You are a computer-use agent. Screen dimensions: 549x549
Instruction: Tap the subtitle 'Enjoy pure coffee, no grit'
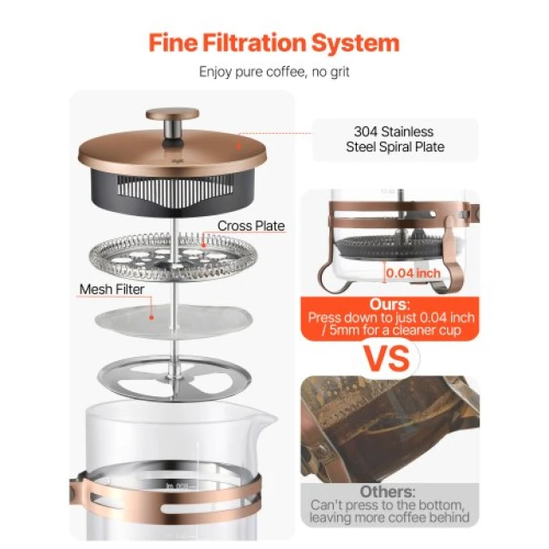(274, 72)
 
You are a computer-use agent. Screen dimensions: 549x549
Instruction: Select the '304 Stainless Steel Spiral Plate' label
(395, 139)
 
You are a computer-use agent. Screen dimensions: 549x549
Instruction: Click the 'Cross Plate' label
(251, 226)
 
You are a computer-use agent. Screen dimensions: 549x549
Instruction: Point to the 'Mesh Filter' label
(112, 290)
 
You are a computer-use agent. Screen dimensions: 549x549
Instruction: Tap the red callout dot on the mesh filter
(152, 317)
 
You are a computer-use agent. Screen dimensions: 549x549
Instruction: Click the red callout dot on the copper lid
(239, 146)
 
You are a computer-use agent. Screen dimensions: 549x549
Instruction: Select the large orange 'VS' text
(387, 359)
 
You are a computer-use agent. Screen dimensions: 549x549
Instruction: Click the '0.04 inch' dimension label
(413, 273)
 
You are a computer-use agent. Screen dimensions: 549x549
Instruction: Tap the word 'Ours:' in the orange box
(389, 305)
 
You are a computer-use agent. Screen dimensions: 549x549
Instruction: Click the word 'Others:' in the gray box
(388, 492)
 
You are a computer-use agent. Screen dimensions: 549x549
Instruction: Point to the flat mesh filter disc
(173, 322)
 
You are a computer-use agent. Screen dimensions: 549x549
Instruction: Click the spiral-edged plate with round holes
(172, 256)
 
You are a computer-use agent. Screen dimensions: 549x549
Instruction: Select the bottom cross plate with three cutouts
(174, 379)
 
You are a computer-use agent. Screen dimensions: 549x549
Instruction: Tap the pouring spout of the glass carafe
(267, 419)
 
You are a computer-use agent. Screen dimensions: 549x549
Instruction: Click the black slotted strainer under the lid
(172, 190)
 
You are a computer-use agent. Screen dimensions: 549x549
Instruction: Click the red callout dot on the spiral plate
(203, 245)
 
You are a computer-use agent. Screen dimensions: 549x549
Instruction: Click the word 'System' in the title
(355, 43)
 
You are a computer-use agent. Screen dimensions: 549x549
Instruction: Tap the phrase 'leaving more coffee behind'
(389, 517)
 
